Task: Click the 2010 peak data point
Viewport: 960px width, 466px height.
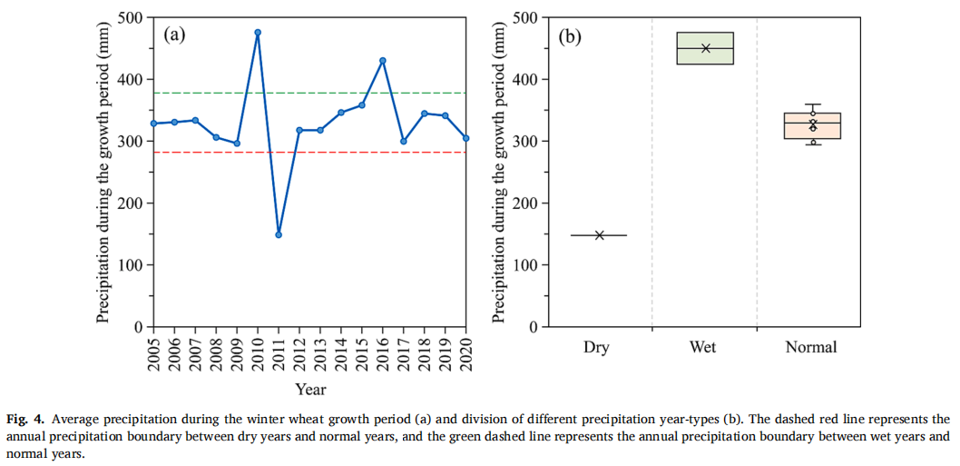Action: pyautogui.click(x=258, y=33)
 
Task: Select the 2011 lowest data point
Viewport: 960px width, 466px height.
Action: pyautogui.click(x=279, y=234)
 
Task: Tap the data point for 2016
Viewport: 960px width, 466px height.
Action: pyautogui.click(x=383, y=61)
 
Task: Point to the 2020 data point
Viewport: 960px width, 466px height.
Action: pyautogui.click(x=465, y=138)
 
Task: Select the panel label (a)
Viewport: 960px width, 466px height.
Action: pyautogui.click(x=174, y=36)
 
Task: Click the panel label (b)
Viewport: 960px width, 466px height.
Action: pyautogui.click(x=570, y=37)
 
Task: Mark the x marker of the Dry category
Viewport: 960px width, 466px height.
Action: pyautogui.click(x=600, y=235)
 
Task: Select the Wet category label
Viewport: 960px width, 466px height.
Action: pyautogui.click(x=703, y=347)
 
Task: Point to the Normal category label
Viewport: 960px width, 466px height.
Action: pyautogui.click(x=811, y=347)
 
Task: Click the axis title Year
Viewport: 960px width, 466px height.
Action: pyautogui.click(x=310, y=390)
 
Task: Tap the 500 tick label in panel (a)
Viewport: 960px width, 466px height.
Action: pyautogui.click(x=131, y=17)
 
